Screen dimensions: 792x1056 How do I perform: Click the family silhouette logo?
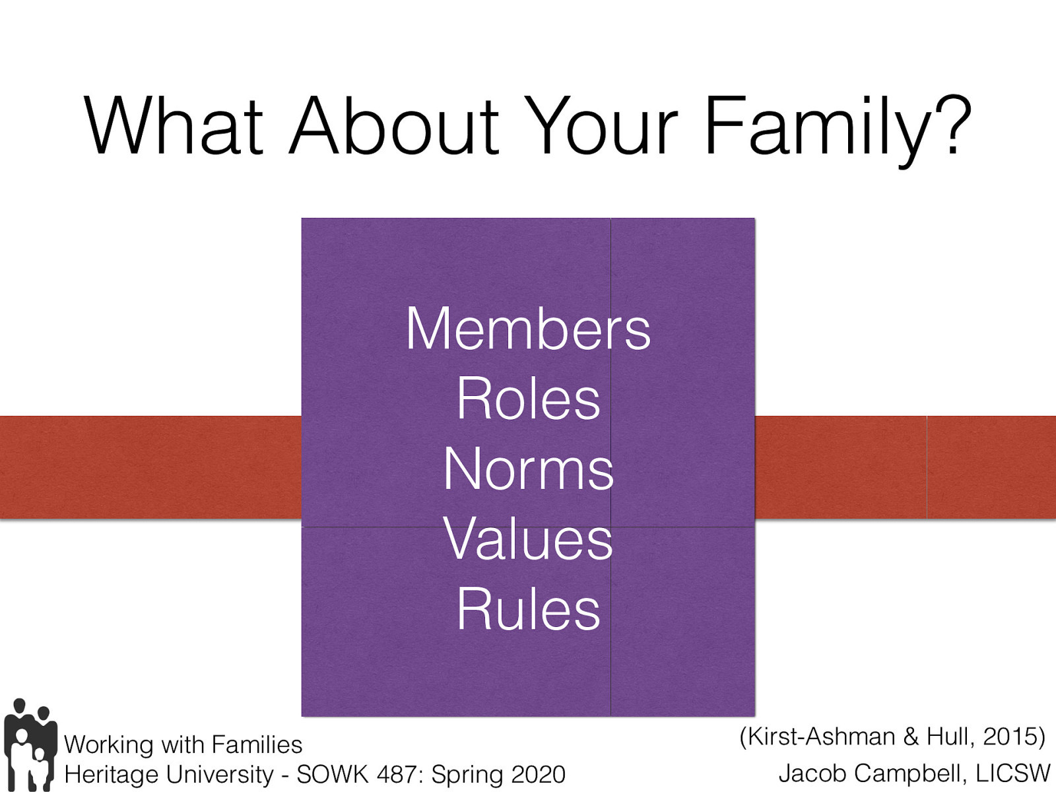[30, 744]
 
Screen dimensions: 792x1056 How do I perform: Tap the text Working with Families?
[183, 744]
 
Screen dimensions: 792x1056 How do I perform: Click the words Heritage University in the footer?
[169, 774]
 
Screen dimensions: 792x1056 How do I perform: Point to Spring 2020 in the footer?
[498, 774]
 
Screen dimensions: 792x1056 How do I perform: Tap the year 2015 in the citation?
[1010, 737]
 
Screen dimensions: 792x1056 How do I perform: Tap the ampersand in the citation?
[911, 737]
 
